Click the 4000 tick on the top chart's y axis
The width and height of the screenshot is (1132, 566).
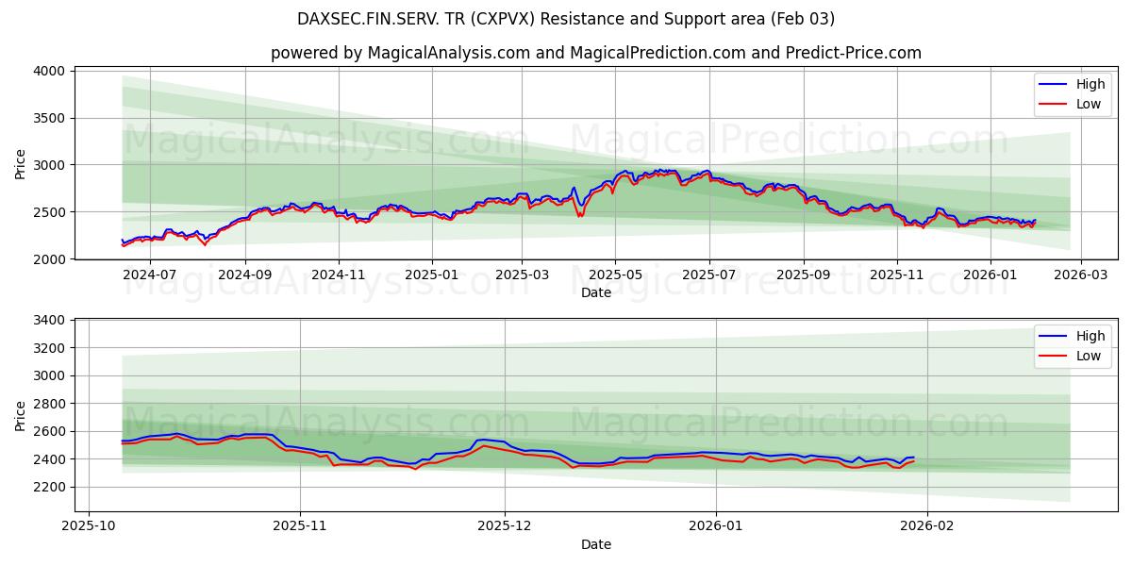(49, 71)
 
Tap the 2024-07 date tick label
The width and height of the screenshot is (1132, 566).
(151, 275)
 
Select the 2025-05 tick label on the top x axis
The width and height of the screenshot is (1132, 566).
(615, 275)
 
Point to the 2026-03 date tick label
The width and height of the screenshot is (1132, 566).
(1081, 275)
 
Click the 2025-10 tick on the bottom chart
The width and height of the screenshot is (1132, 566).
(89, 526)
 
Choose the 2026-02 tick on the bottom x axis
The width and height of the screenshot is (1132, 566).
(927, 526)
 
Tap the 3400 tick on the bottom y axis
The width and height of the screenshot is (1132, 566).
(49, 321)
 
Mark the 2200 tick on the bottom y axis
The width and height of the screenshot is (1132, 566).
(49, 487)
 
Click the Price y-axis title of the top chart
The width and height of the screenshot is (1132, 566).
(21, 163)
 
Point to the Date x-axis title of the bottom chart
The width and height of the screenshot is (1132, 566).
(595, 544)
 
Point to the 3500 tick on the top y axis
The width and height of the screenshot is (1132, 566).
(49, 118)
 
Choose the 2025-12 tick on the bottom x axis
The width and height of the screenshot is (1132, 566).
(505, 526)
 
